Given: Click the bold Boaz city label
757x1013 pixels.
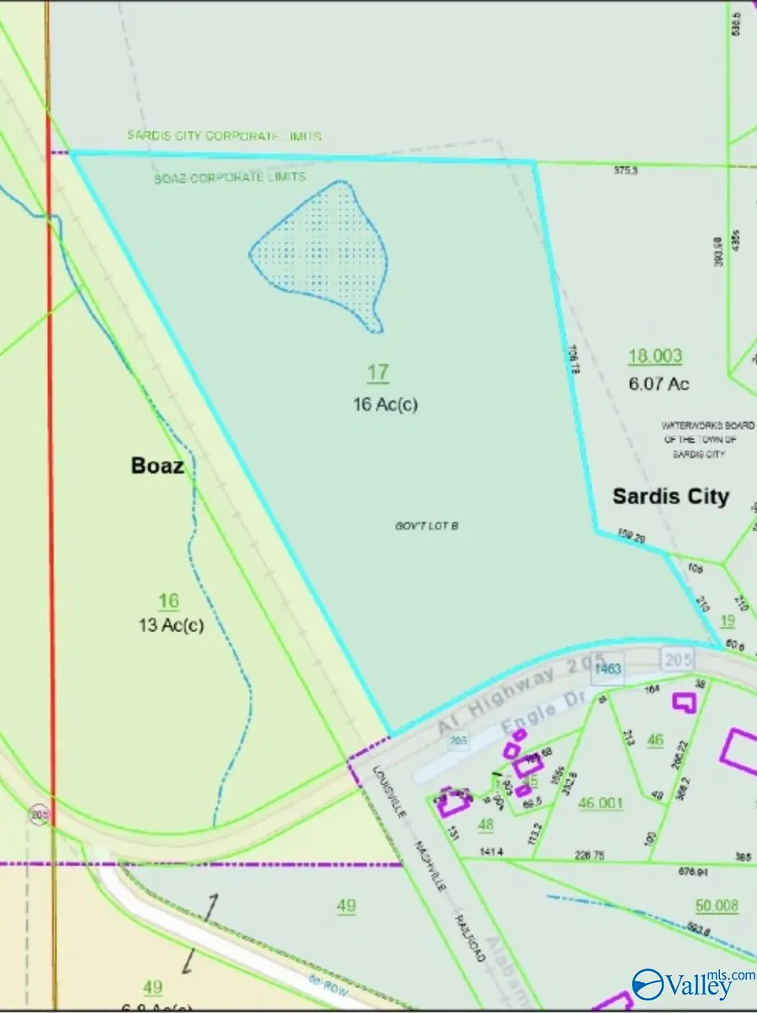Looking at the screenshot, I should tap(157, 465).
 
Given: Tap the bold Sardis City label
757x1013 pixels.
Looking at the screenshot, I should tap(670, 496).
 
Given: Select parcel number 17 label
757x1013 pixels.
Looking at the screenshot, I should tap(378, 372).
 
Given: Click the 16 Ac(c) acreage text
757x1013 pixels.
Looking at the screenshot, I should tap(385, 404).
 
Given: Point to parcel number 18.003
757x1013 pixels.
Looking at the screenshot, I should tap(655, 356).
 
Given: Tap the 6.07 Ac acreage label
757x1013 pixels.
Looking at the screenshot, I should tap(659, 384).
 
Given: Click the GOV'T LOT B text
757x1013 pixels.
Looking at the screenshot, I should tap(430, 526).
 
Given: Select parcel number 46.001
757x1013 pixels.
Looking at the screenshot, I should tap(601, 803).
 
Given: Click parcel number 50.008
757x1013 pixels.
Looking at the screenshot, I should tap(717, 905).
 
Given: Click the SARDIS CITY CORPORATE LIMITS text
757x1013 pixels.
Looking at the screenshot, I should tap(225, 135).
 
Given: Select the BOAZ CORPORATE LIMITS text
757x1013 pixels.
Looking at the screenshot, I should tap(230, 178).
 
